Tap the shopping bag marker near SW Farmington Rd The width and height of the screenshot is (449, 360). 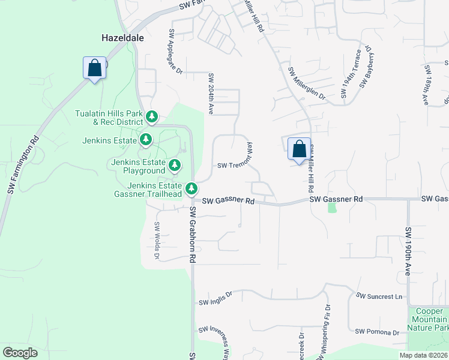[x=95, y=67]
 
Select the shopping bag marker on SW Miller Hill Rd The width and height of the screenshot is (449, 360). [x=299, y=149]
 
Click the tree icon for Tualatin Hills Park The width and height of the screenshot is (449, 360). [x=152, y=115]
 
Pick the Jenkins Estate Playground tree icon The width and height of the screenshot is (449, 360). [x=175, y=164]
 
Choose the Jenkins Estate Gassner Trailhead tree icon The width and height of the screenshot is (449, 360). [x=191, y=188]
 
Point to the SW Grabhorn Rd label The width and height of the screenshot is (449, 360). [x=193, y=235]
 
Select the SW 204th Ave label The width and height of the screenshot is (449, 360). [x=211, y=94]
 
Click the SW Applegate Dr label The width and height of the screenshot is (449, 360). [x=175, y=51]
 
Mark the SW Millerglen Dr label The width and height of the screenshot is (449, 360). [x=306, y=83]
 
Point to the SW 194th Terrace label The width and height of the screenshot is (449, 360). [x=351, y=74]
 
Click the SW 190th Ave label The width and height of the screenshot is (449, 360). [x=408, y=251]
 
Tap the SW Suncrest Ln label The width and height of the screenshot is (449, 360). [x=379, y=296]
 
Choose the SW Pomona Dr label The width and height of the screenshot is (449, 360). [x=377, y=332]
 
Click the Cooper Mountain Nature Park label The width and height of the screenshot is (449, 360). [x=427, y=319]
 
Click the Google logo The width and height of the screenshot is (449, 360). [x=20, y=353]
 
